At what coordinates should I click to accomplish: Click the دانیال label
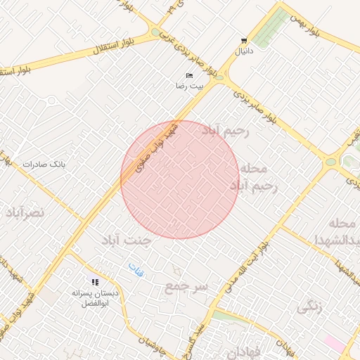coord(243,51)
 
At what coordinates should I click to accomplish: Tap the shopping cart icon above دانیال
coord(243,41)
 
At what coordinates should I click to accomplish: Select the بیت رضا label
coord(189,85)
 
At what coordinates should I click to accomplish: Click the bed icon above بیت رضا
coord(188,75)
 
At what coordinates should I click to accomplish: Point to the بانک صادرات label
coord(43,164)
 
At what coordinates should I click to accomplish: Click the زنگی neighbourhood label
coord(309,307)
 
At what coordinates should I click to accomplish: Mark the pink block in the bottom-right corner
coord(334,344)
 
